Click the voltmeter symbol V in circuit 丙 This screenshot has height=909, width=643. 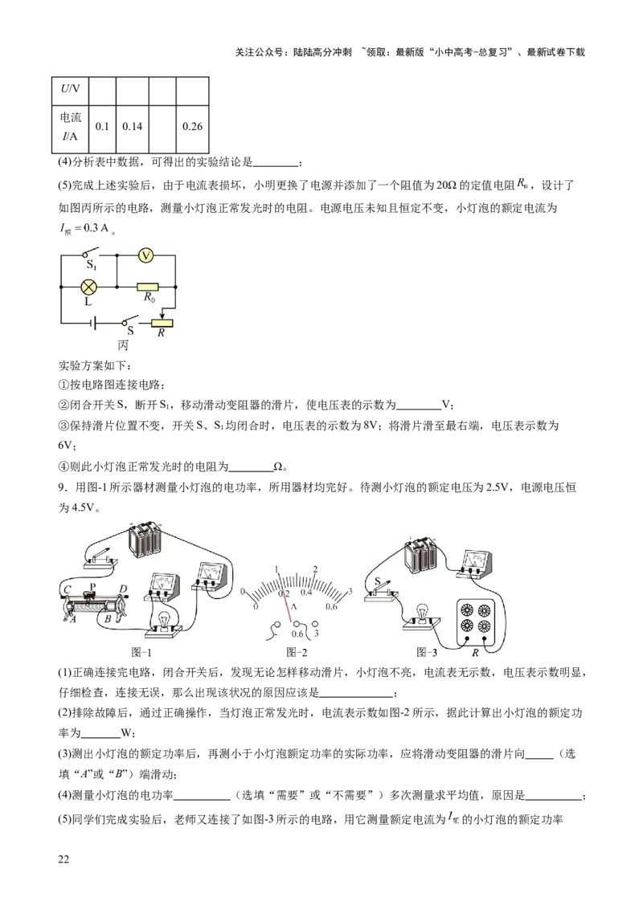[145, 255]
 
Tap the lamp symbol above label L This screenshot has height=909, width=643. [89, 285]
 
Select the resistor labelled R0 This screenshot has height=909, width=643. [147, 286]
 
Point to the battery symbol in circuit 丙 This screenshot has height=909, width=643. [95, 324]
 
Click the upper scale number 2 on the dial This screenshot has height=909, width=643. [315, 569]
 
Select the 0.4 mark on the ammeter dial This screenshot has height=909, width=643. [306, 592]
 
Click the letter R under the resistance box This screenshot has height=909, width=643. [475, 653]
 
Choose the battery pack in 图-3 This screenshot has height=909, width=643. [422, 554]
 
